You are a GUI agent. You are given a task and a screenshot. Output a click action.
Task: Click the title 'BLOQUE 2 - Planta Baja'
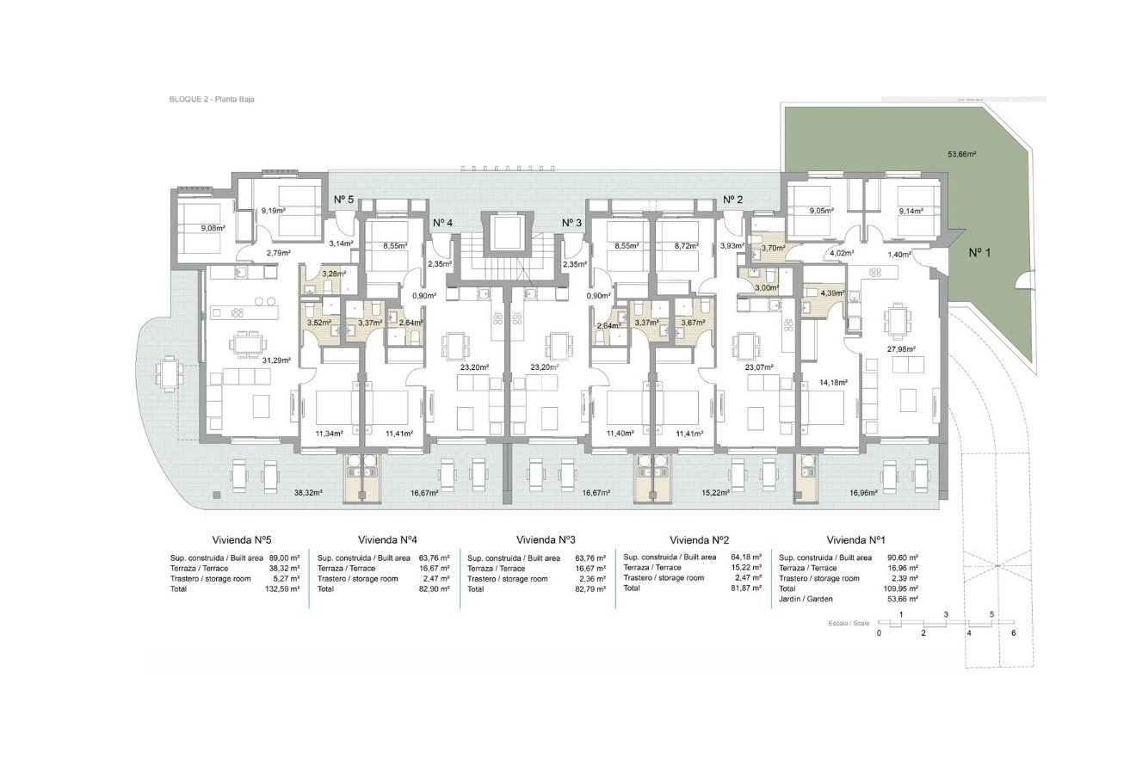(212, 100)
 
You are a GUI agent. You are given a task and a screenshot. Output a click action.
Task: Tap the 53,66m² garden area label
(960, 155)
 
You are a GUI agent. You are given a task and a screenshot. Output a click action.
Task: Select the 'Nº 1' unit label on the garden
(981, 253)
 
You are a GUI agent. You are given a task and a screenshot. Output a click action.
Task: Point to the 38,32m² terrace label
(308, 493)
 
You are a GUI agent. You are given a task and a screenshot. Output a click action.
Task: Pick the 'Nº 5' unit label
(343, 200)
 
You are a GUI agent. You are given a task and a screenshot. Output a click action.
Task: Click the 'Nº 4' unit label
(443, 223)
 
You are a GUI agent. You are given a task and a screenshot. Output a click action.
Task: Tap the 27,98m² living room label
(901, 349)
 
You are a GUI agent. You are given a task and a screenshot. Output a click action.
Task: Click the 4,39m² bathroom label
(833, 294)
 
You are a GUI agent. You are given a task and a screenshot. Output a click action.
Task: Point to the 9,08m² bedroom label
(212, 229)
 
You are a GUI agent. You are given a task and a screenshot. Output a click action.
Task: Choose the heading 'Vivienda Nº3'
(546, 541)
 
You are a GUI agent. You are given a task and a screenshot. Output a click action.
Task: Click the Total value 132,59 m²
(282, 589)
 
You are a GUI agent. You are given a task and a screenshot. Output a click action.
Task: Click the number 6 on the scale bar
(1014, 632)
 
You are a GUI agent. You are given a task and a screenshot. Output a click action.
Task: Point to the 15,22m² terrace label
(716, 493)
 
